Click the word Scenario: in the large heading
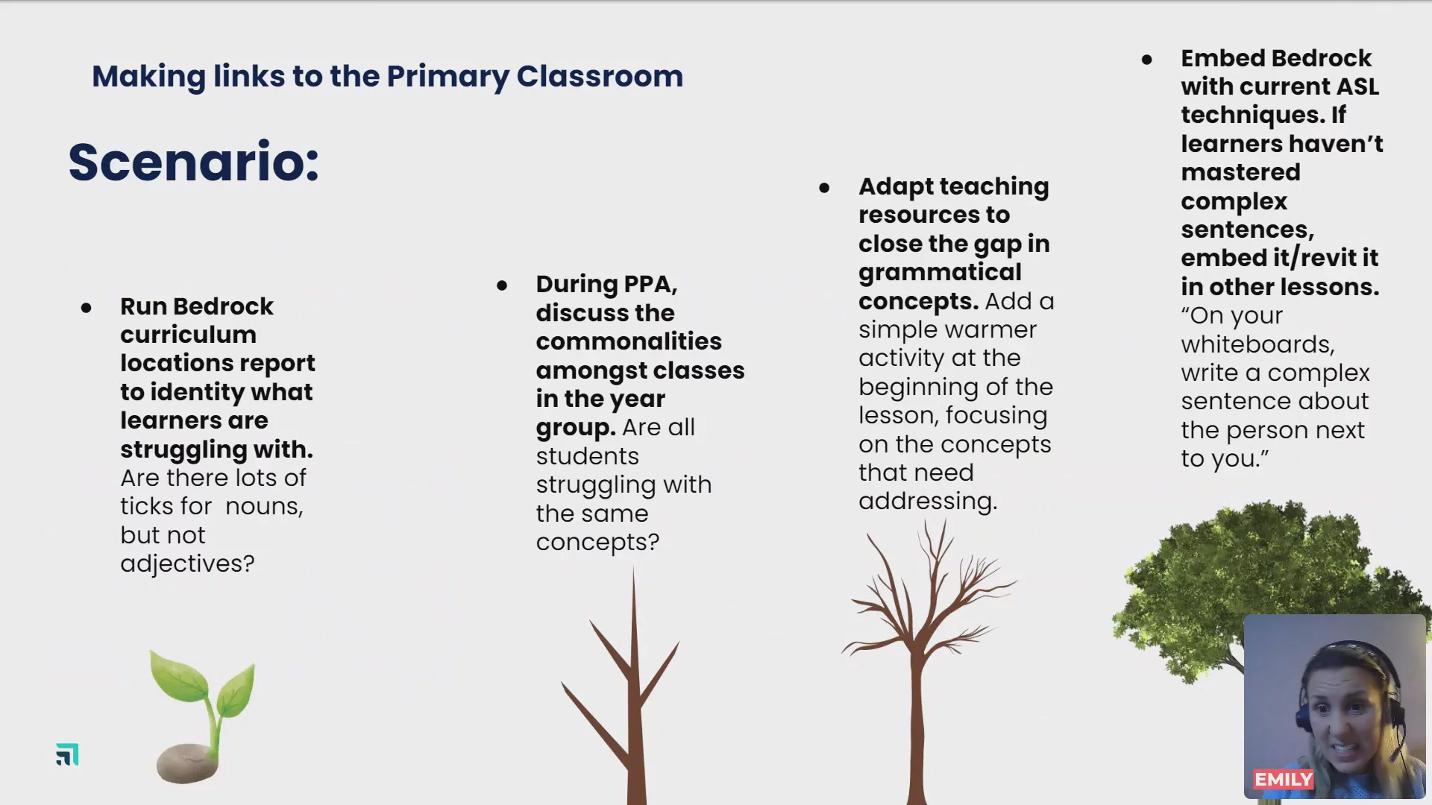pyautogui.click(x=194, y=162)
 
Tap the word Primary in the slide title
pyautogui.click(x=447, y=77)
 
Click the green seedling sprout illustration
pyautogui.click(x=203, y=697)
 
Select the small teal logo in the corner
pyautogui.click(x=67, y=754)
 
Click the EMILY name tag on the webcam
pyautogui.click(x=1283, y=780)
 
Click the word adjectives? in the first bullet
pyautogui.click(x=187, y=563)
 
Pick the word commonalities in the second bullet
pyautogui.click(x=629, y=341)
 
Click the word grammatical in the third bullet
pyautogui.click(x=940, y=273)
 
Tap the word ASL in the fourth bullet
pyautogui.click(x=1357, y=86)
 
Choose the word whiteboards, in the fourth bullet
pyautogui.click(x=1257, y=344)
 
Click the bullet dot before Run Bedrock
pyautogui.click(x=87, y=307)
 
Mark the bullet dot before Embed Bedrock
pyautogui.click(x=1147, y=59)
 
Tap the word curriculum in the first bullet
pyautogui.click(x=188, y=335)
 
